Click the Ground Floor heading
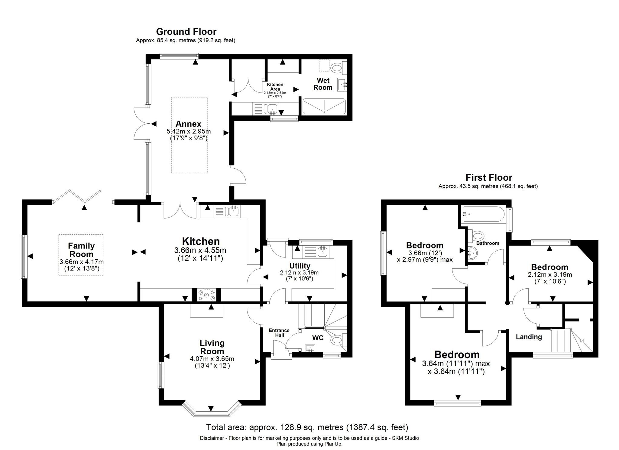[186, 32]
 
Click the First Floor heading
[489, 177]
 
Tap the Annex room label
[188, 124]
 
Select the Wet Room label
[323, 84]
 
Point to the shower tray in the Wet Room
[324, 106]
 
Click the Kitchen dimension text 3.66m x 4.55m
[200, 251]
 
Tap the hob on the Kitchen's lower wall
[207, 295]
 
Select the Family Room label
[81, 250]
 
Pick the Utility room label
[300, 266]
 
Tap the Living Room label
[212, 347]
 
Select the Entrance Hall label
[279, 333]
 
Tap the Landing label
[529, 337]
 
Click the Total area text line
[307, 427]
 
